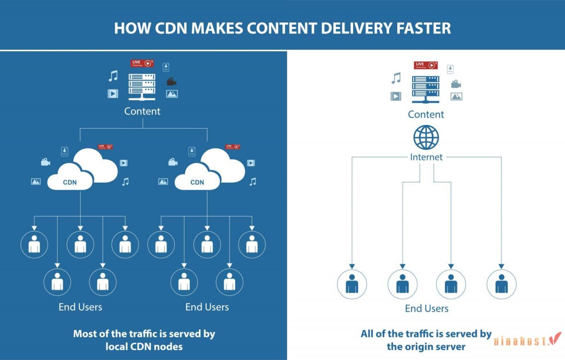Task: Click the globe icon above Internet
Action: pyautogui.click(x=426, y=137)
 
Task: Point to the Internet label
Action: pyautogui.click(x=426, y=157)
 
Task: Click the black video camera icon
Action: pyautogui.click(x=171, y=81)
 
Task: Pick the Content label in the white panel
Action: pyautogui.click(x=426, y=114)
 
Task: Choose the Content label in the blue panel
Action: pyautogui.click(x=142, y=111)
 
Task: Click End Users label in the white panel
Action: pyautogui.click(x=426, y=309)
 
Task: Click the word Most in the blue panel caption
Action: pyautogui.click(x=85, y=334)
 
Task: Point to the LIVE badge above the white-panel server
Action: pyautogui.click(x=426, y=65)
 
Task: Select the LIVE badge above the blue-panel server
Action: pyautogui.click(x=142, y=63)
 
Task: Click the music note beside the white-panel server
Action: pyautogui.click(x=396, y=78)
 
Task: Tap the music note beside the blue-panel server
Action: pyautogui.click(x=113, y=76)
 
